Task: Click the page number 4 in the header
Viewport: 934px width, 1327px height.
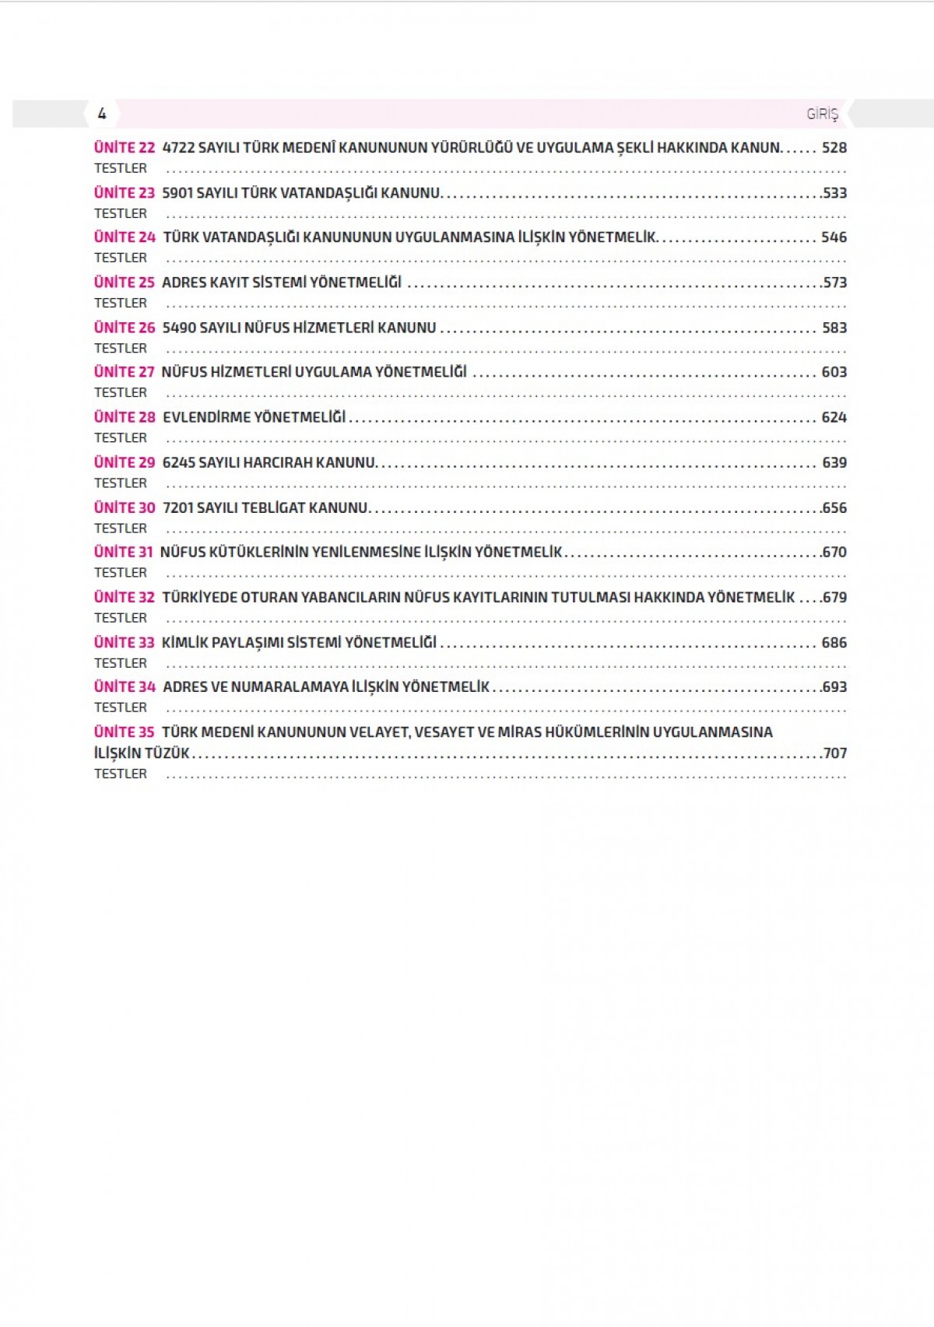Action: [102, 114]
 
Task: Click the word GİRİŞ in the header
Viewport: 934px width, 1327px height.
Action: [822, 114]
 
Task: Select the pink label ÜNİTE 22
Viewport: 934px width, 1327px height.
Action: [125, 148]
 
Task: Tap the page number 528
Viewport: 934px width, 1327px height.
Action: [834, 148]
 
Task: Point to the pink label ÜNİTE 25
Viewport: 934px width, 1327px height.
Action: [125, 283]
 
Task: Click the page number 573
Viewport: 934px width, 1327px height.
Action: [834, 283]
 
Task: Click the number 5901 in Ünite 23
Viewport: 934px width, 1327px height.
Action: [177, 193]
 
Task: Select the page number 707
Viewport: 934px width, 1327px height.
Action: [834, 753]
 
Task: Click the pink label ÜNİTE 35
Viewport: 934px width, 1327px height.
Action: [125, 732]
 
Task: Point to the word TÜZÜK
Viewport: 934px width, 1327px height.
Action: [167, 753]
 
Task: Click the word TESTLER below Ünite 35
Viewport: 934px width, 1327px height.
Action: [121, 774]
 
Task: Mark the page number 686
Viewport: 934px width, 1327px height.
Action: [834, 643]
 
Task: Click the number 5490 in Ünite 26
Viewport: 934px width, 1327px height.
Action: [179, 328]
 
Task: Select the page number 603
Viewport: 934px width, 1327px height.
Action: [834, 372]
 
